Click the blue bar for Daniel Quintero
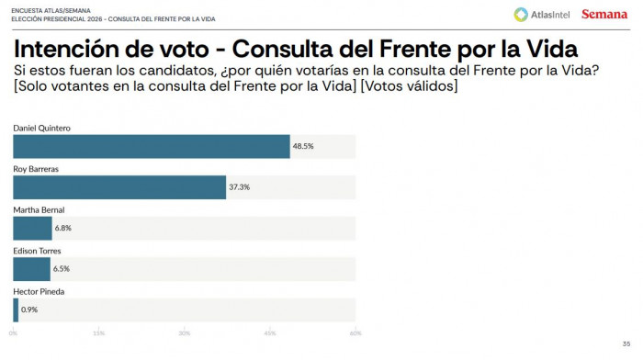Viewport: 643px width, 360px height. (x=152, y=146)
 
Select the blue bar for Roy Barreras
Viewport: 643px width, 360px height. (x=119, y=186)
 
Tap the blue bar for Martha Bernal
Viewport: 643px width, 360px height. (x=32, y=228)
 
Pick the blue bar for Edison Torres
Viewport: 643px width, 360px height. (x=31, y=268)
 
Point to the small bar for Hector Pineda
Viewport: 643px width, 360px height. (x=16, y=309)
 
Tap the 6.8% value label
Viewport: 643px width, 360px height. (x=64, y=228)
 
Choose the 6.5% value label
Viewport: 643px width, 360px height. (x=62, y=268)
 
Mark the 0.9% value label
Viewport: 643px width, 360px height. (x=30, y=309)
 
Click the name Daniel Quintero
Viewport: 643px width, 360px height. (x=41, y=127)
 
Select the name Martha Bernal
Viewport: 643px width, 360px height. (x=38, y=209)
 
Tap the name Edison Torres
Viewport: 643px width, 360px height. (x=37, y=250)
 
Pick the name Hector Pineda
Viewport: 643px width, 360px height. (x=38, y=291)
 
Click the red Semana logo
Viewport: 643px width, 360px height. (x=604, y=14)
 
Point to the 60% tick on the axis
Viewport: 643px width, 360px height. (x=355, y=332)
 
